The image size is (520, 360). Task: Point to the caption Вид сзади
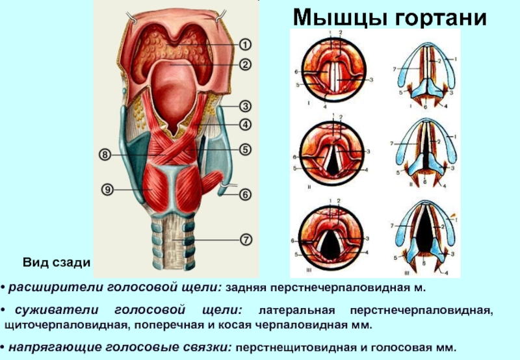55,263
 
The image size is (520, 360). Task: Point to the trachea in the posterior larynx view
173,244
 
